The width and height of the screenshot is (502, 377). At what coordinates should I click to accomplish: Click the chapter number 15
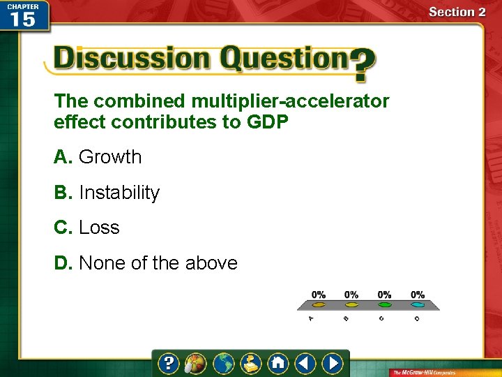(23, 19)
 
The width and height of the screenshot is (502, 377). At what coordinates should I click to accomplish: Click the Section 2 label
(457, 12)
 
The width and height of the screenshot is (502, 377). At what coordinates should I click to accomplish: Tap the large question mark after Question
(362, 65)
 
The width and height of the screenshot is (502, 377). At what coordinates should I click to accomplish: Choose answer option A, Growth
(98, 157)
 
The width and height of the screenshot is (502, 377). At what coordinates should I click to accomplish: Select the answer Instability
(107, 193)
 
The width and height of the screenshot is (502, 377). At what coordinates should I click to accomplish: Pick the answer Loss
(87, 228)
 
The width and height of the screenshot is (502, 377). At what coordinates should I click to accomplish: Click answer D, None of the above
(146, 263)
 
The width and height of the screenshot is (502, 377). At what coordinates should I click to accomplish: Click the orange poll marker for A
(319, 305)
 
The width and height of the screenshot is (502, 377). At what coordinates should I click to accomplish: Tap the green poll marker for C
(384, 305)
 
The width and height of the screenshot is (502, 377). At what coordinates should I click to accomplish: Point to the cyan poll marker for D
(418, 305)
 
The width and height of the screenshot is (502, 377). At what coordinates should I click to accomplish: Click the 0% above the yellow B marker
(351, 295)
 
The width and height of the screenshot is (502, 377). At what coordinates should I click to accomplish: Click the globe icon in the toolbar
(224, 364)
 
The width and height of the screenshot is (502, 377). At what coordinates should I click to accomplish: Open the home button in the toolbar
(278, 364)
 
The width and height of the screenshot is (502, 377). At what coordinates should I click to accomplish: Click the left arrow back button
(305, 364)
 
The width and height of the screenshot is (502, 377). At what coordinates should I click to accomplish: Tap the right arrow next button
(332, 364)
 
